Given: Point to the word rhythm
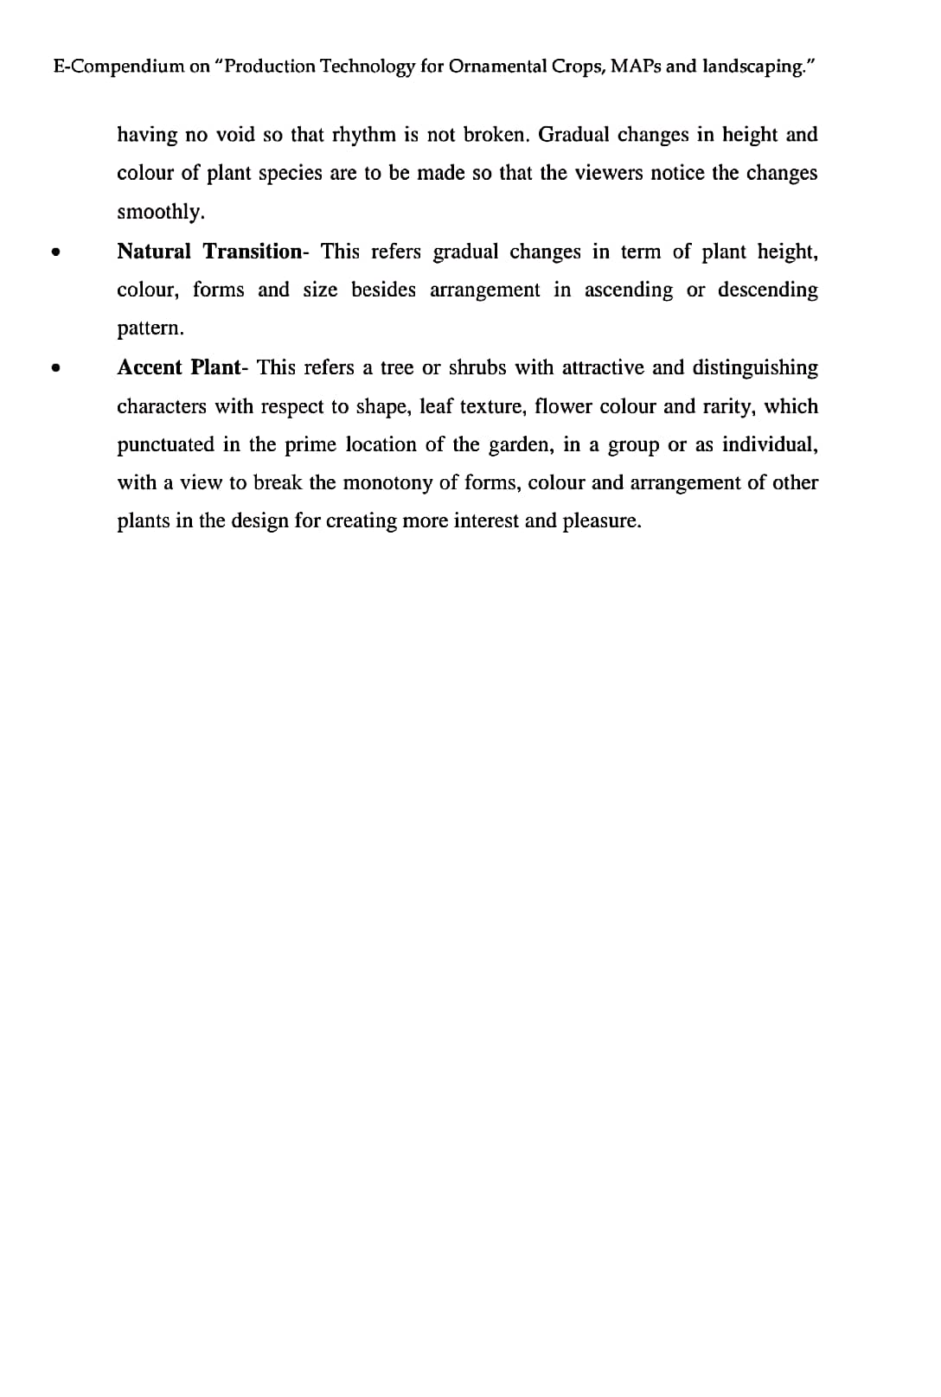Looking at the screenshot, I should (x=363, y=135).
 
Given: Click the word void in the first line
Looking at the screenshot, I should (x=235, y=135).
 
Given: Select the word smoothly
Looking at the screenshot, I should (x=161, y=212).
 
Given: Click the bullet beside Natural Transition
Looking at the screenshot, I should (x=55, y=252).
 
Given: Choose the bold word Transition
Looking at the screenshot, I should (x=252, y=252).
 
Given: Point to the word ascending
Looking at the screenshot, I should (x=628, y=290).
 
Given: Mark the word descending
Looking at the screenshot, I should (x=767, y=290).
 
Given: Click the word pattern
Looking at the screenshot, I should (x=150, y=329).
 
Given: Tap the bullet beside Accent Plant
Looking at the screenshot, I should (x=55, y=368).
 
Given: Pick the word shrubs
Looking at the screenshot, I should (x=477, y=367).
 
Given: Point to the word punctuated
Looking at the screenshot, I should (x=165, y=444).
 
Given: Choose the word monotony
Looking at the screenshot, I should (x=387, y=482).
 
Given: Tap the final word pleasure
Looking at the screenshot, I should (x=602, y=521).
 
